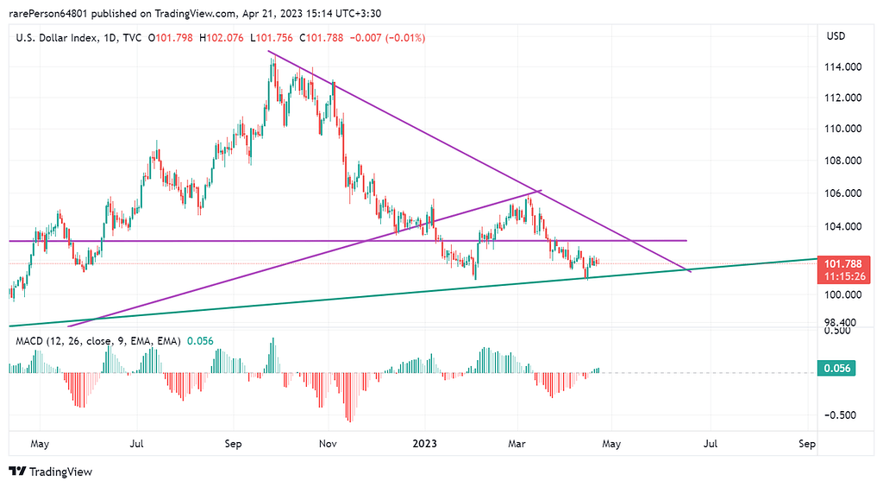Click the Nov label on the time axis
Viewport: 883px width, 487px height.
tap(326, 444)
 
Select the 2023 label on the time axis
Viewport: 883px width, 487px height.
tap(425, 444)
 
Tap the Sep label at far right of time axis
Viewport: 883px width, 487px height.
tap(807, 444)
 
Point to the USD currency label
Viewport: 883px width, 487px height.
tap(836, 36)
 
